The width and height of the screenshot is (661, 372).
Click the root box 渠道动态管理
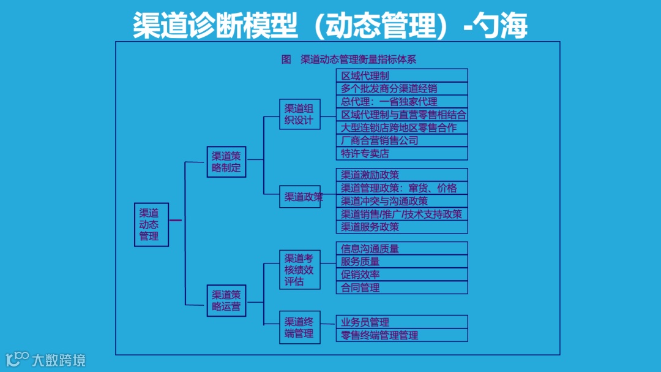[x=151, y=224]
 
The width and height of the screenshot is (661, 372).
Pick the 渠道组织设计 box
[x=300, y=114]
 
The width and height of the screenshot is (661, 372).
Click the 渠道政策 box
[x=300, y=197]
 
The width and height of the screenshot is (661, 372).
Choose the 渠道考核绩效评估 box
[x=300, y=270]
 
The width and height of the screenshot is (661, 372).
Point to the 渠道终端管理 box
[x=300, y=327]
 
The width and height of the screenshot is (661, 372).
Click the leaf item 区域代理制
[x=401, y=75]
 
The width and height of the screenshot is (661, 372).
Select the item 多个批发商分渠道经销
[x=401, y=88]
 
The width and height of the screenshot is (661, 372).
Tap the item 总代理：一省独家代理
[x=401, y=102]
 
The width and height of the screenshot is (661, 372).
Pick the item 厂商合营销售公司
[x=401, y=140]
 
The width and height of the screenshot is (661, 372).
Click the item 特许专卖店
[x=401, y=154]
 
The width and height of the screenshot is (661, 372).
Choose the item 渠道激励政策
[x=401, y=175]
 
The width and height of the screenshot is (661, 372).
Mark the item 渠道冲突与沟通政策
[x=401, y=201]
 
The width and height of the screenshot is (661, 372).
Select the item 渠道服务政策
[x=401, y=227]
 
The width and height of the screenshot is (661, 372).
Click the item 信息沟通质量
[x=401, y=248]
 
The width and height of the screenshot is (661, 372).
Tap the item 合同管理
[x=401, y=287]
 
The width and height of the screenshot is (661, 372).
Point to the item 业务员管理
[x=401, y=322]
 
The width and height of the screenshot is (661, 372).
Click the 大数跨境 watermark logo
[x=46, y=359]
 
